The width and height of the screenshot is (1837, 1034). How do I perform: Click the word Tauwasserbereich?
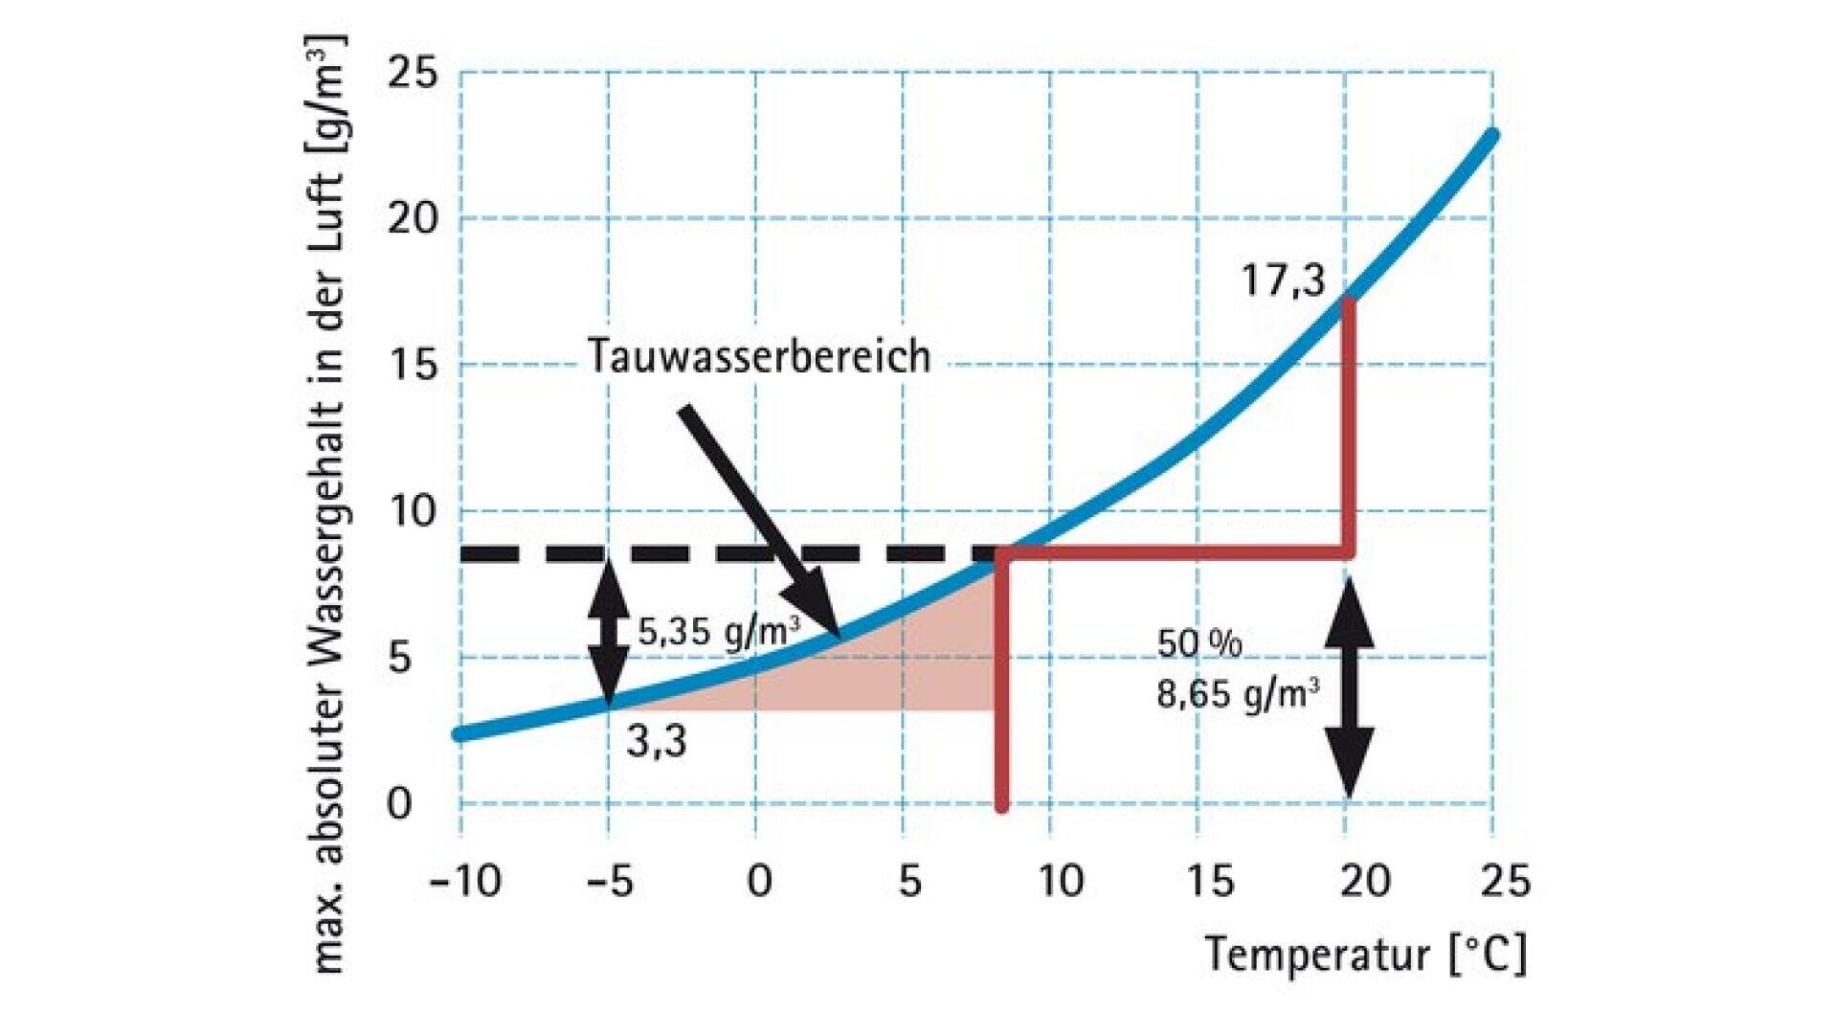(758, 356)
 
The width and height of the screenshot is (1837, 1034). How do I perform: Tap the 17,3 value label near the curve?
(1283, 281)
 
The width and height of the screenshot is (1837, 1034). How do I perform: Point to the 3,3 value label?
(657, 742)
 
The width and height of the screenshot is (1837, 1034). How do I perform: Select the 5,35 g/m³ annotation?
(718, 633)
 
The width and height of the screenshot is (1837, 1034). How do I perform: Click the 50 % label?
(1199, 644)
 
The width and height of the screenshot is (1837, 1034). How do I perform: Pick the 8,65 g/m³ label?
(1237, 692)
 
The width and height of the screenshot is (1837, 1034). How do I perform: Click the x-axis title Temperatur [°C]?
(1365, 954)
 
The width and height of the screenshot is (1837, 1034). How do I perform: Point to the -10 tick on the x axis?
(465, 881)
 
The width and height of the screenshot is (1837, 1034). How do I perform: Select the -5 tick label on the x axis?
(610, 881)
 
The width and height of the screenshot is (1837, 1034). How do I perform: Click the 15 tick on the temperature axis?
(1210, 881)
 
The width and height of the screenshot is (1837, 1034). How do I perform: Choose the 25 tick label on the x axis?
(1505, 881)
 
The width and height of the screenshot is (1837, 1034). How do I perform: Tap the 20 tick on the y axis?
(412, 219)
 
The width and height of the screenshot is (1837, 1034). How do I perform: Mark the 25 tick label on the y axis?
(412, 73)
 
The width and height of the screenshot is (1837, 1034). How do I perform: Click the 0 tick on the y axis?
(399, 804)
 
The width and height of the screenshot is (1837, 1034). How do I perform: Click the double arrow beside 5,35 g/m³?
(608, 632)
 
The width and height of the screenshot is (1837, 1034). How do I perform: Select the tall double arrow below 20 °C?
(1349, 687)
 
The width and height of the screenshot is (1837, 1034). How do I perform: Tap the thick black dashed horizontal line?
(728, 553)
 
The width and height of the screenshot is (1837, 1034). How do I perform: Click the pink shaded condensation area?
(919, 670)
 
